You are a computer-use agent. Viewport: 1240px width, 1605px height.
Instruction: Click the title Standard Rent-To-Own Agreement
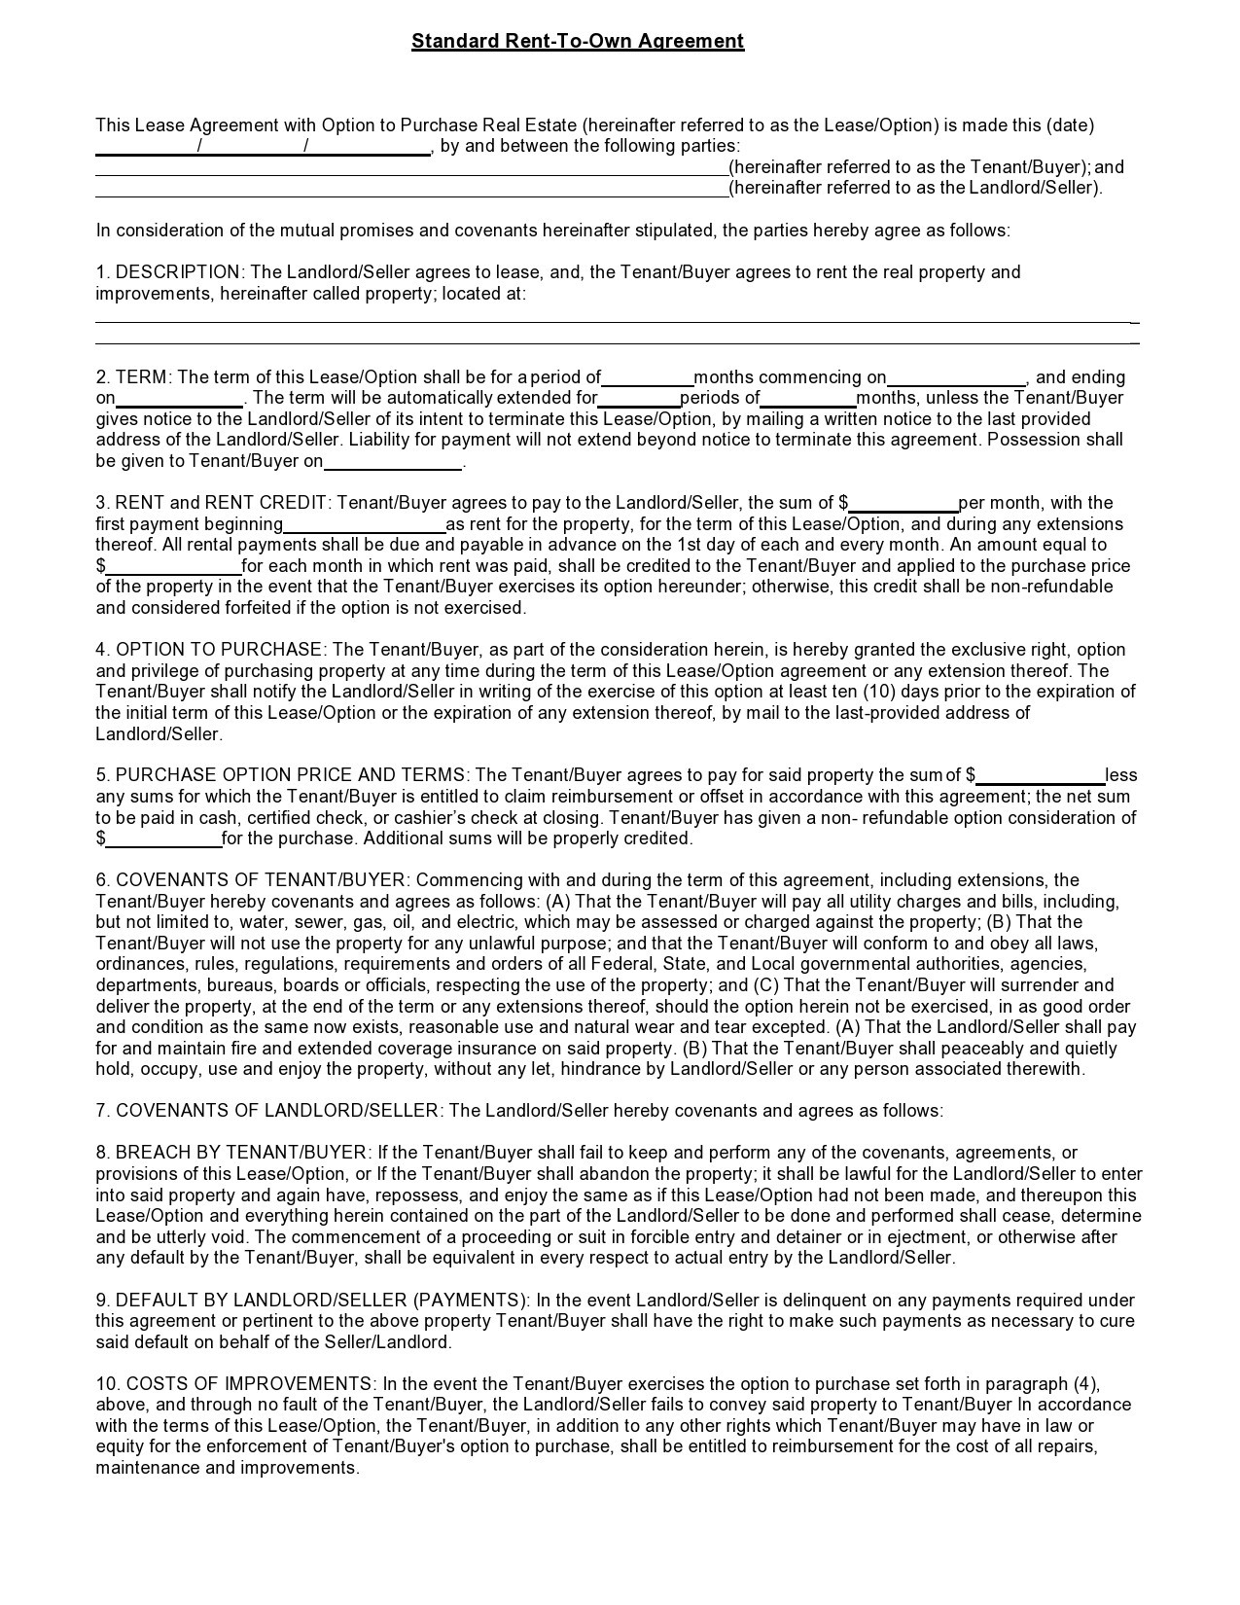click(x=577, y=41)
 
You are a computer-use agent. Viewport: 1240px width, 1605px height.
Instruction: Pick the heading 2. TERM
click(x=133, y=377)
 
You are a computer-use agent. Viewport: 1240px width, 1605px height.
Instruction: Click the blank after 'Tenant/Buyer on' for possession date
click(x=393, y=464)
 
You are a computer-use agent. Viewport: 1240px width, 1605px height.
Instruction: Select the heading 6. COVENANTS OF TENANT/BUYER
click(x=253, y=880)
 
